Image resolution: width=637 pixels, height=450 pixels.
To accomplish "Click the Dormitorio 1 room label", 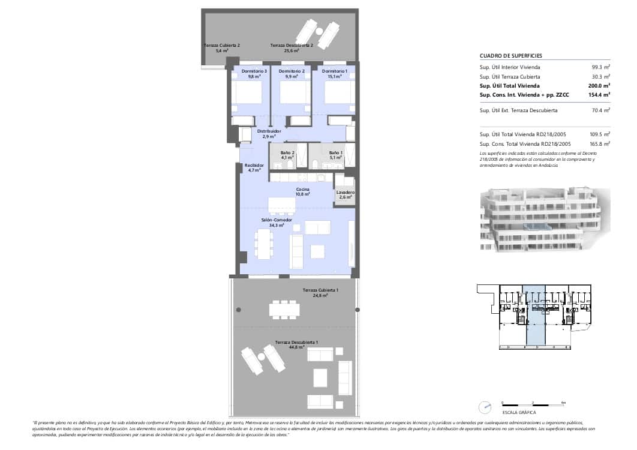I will pyautogui.click(x=335, y=71).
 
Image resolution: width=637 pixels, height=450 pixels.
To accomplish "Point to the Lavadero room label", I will pyautogui.click(x=345, y=193).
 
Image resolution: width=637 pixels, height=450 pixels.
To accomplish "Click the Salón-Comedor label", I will pyautogui.click(x=277, y=220).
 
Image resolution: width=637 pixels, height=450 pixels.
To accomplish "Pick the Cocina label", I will pyautogui.click(x=302, y=190).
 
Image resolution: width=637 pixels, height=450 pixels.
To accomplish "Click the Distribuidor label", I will pyautogui.click(x=269, y=131).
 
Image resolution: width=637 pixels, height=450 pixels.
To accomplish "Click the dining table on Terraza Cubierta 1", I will pyautogui.click(x=284, y=310).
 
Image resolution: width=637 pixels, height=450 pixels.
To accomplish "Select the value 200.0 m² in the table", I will pyautogui.click(x=600, y=86).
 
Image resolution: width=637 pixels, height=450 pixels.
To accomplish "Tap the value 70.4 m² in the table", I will pyautogui.click(x=601, y=110).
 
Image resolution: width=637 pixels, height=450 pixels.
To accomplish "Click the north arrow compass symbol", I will pyautogui.click(x=485, y=407).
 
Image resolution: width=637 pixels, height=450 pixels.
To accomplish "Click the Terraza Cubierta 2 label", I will pyautogui.click(x=221, y=46).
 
